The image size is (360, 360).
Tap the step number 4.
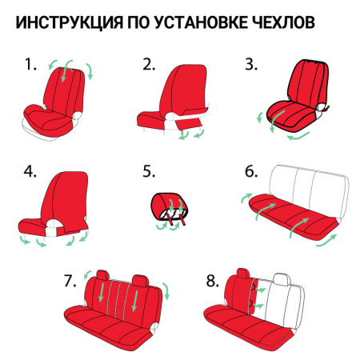click(31, 171)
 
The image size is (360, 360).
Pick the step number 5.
click(149, 171)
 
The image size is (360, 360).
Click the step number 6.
click(251, 171)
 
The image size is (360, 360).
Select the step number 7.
click(70, 281)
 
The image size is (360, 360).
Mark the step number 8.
click(212, 281)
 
